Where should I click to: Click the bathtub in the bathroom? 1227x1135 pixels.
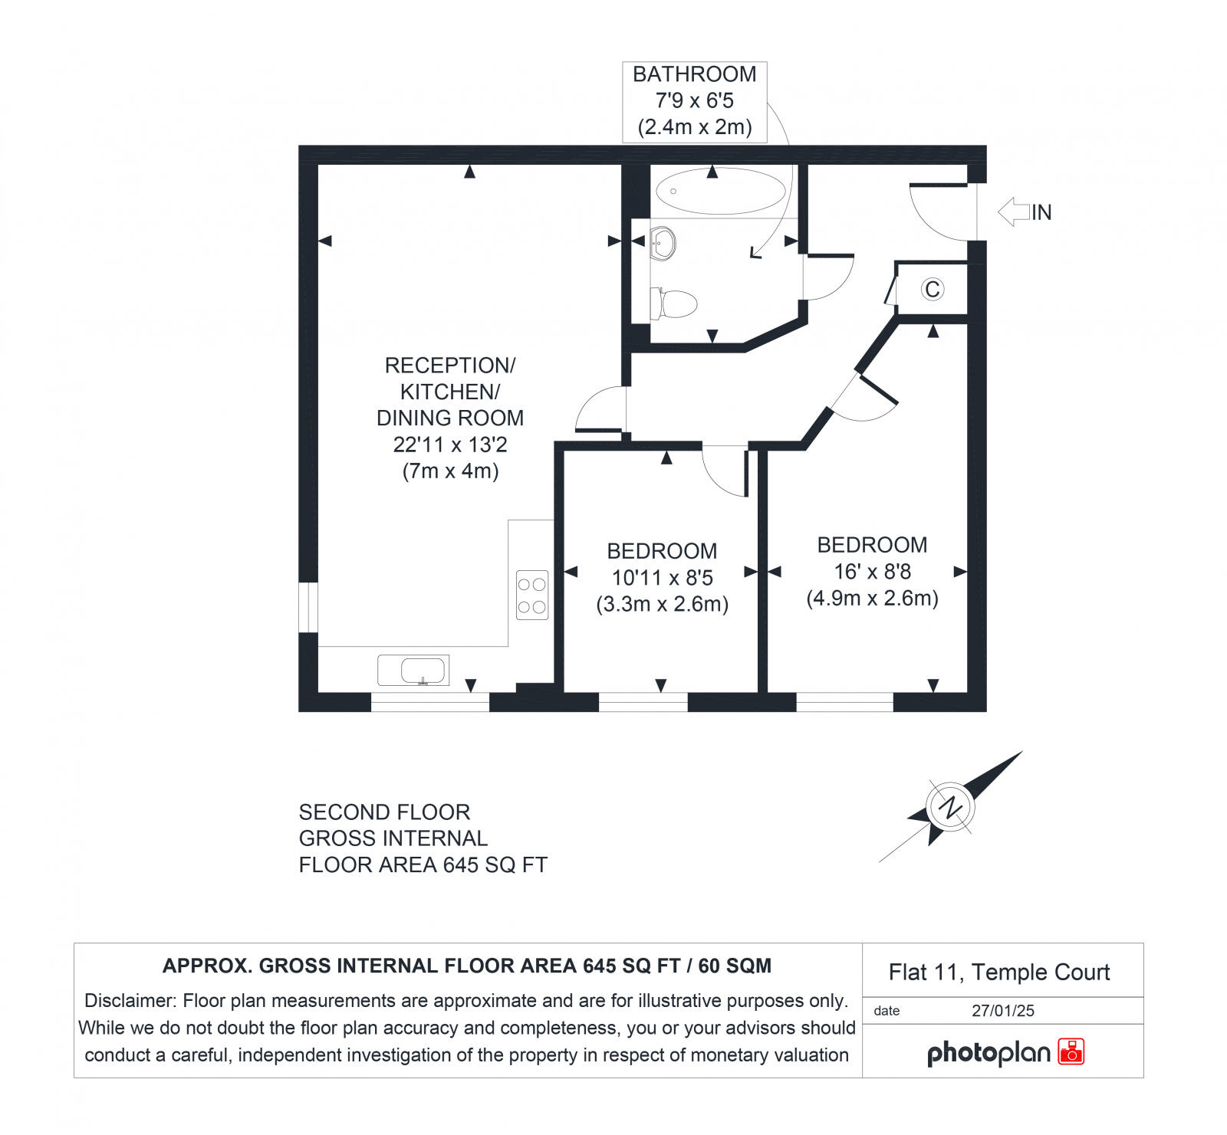pos(719,191)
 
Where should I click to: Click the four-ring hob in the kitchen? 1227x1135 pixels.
pos(532,595)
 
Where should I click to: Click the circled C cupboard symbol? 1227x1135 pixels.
pos(933,289)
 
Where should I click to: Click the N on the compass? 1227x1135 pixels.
pos(951,807)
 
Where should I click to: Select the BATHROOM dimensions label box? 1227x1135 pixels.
pos(694,101)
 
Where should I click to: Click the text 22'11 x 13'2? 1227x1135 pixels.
pos(450,444)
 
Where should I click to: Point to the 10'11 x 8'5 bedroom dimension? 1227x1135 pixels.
pos(662,578)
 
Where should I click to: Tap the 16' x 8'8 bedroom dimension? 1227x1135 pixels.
pos(872,572)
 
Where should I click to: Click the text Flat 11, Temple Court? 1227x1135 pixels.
pos(998,973)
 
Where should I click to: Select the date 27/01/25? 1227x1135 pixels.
pos(1002,1011)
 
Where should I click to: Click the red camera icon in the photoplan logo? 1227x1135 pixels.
pos(1071,1051)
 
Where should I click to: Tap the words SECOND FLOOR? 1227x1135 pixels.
pos(384,812)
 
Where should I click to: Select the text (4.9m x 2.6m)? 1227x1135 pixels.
pos(872,599)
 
